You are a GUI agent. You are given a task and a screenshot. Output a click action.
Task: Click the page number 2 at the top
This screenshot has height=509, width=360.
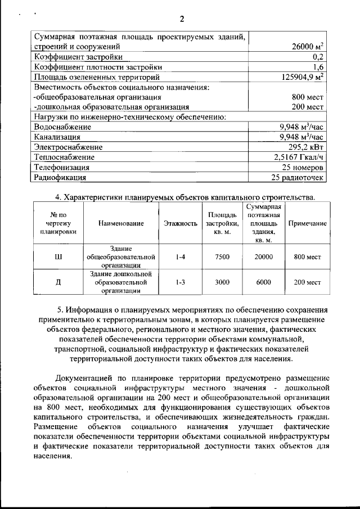(x=182, y=19)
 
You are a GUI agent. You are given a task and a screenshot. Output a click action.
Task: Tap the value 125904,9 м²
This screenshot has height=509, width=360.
(x=302, y=77)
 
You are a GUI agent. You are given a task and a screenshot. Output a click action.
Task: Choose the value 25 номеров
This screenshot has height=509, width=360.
(x=302, y=168)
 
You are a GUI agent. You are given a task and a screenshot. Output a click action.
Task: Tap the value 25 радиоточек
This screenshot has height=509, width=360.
(x=298, y=178)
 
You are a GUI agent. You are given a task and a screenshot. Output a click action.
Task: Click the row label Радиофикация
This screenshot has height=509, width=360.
(x=61, y=178)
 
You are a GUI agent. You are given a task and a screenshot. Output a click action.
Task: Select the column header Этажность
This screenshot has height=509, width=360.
(x=181, y=223)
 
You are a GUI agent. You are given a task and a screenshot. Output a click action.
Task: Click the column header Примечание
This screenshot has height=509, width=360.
(x=307, y=223)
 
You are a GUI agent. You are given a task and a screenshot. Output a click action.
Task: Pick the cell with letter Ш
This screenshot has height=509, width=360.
(x=58, y=257)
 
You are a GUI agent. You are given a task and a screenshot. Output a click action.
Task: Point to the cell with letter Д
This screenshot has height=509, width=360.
(x=58, y=282)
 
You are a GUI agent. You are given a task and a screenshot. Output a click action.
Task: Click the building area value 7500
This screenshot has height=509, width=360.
(x=222, y=257)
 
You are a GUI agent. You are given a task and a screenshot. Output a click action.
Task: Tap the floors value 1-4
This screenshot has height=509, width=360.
(x=181, y=257)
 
